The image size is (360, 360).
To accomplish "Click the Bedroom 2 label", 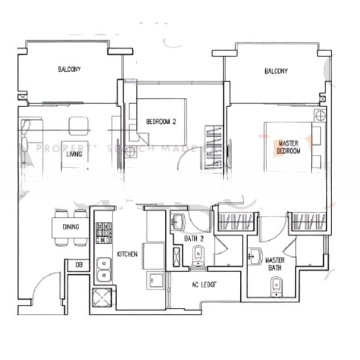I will click(161, 122).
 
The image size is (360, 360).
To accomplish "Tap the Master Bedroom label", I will click(289, 147).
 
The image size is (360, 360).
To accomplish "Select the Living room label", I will click(74, 154).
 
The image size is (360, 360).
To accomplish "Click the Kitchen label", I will click(127, 254).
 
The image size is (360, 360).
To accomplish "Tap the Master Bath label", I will click(275, 265).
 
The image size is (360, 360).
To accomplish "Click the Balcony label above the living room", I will click(69, 70).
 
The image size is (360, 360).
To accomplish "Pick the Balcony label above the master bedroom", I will click(276, 71).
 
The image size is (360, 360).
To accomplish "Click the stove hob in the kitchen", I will click(104, 231).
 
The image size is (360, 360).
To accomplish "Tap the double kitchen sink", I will click(104, 268).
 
